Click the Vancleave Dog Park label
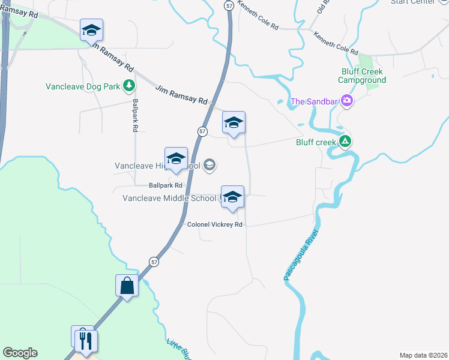point(83,86)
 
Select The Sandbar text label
point(313,101)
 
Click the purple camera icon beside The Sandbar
point(346,101)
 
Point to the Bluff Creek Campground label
point(361,76)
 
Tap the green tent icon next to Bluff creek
point(345,142)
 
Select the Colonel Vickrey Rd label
point(215,224)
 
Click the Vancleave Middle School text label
point(169,198)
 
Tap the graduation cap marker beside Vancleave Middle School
point(232,197)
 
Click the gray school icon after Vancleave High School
point(209,165)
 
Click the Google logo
point(20,353)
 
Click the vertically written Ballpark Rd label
point(136,115)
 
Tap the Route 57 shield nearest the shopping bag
point(154,262)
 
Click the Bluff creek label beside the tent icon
point(315,142)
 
